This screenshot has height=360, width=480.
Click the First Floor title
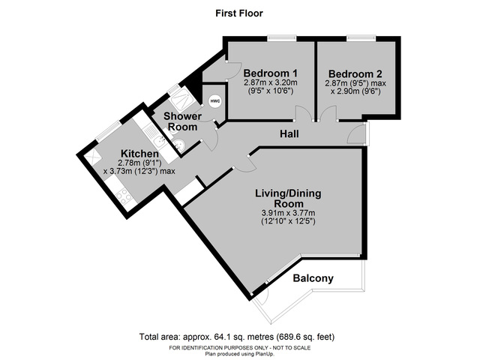click(239, 13)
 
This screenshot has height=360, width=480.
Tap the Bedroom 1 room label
click(271, 73)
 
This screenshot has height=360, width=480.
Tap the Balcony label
click(313, 278)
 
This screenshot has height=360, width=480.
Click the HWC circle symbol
click(215, 101)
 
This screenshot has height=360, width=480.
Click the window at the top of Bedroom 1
click(280, 37)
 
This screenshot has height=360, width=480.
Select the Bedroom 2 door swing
click(328, 114)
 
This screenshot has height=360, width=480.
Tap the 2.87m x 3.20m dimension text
click(271, 82)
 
